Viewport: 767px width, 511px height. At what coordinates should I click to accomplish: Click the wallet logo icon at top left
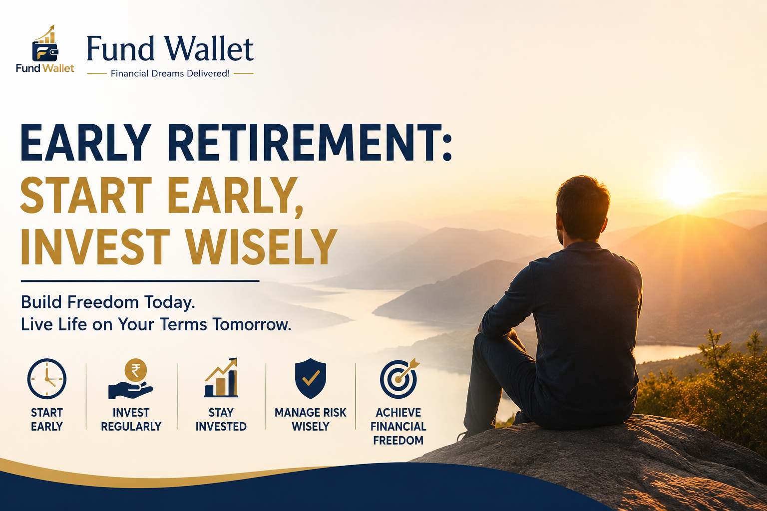pyautogui.click(x=45, y=44)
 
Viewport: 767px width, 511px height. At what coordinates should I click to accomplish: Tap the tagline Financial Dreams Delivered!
pyautogui.click(x=170, y=73)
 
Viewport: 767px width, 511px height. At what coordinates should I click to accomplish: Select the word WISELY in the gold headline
pyautogui.click(x=262, y=247)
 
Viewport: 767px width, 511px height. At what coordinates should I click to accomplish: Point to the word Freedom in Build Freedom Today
pyautogui.click(x=103, y=302)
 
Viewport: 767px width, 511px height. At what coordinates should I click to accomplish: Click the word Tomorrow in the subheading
pyautogui.click(x=252, y=324)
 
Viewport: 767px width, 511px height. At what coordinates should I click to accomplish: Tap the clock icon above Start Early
pyautogui.click(x=46, y=379)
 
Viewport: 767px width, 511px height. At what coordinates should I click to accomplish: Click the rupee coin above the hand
pyautogui.click(x=136, y=370)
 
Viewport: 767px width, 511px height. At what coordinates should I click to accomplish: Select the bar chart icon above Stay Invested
pyautogui.click(x=221, y=378)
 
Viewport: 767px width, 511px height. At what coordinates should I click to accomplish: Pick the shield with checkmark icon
pyautogui.click(x=311, y=378)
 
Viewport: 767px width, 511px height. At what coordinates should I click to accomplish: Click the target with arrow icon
pyautogui.click(x=398, y=379)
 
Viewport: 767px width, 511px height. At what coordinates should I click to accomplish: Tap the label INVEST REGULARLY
pyautogui.click(x=131, y=420)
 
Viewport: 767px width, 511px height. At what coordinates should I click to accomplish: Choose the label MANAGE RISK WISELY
pyautogui.click(x=311, y=420)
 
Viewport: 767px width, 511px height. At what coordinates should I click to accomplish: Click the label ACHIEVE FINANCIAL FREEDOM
pyautogui.click(x=398, y=427)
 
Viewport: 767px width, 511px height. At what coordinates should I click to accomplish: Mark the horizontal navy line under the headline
pyautogui.click(x=140, y=281)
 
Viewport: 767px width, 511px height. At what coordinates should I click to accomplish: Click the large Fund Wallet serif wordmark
pyautogui.click(x=170, y=48)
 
